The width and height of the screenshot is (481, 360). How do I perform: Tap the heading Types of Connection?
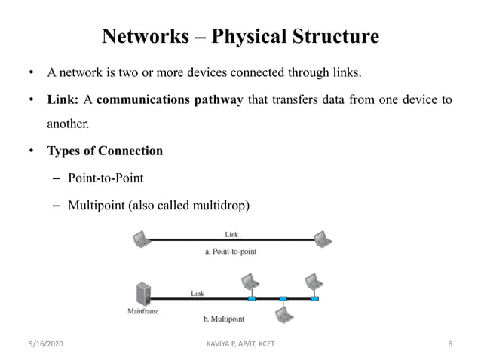[105, 151]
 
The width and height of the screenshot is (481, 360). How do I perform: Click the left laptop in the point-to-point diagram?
[140, 239]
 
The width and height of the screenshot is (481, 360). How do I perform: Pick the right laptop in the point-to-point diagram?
[323, 239]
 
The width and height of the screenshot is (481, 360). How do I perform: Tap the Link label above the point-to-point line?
[231, 234]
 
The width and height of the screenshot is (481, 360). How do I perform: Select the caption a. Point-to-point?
[231, 251]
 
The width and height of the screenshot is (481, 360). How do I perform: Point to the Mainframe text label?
[142, 310]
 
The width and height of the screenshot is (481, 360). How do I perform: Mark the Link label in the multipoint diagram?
[197, 292]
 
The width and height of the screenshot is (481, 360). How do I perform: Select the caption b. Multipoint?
[225, 319]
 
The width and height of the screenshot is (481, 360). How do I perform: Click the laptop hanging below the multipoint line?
[283, 315]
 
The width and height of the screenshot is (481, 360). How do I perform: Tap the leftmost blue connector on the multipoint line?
[251, 299]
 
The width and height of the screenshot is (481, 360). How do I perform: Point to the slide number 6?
[450, 345]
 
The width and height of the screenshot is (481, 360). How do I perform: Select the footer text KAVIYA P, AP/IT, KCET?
[240, 345]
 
